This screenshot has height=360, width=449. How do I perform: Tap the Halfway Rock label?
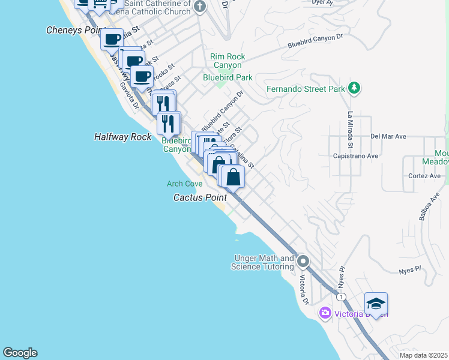123,137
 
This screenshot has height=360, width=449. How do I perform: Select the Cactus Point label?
200,197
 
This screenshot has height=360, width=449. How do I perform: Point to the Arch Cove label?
185,184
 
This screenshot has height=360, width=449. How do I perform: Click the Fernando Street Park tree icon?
354,89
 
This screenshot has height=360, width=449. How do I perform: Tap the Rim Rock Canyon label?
226,61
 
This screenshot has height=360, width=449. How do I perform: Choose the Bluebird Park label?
228,77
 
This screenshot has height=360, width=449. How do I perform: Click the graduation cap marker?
376,304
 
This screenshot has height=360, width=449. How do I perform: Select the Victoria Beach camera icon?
325,313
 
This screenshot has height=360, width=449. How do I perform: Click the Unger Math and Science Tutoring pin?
303,262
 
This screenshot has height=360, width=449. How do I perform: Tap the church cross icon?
200,7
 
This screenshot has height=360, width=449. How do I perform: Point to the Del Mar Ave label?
388,136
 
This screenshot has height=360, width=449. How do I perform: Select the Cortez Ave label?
424,176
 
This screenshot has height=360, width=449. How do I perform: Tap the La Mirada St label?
350,130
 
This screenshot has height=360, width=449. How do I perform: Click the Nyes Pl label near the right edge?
411,271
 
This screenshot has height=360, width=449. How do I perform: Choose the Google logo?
20,353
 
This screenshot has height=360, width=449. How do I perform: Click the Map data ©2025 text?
423,355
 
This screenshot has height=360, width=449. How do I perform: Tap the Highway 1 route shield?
342,297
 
